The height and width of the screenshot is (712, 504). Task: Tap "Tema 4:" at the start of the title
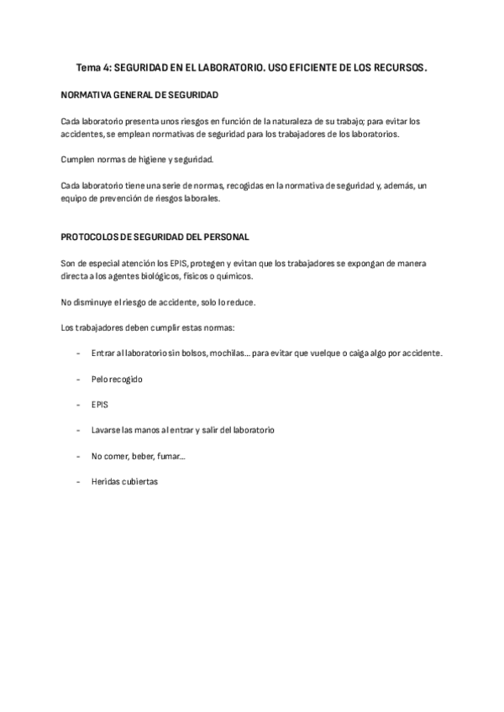92,65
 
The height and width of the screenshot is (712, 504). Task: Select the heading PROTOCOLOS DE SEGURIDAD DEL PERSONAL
155,238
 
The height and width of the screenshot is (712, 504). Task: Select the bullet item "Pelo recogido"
118,379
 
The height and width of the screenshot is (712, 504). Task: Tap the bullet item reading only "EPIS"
100,405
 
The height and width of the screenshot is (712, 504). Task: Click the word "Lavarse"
107,430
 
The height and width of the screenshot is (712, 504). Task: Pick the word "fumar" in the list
167,456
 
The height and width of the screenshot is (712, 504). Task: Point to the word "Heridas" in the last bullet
107,482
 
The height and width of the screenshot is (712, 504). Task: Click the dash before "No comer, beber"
78,456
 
